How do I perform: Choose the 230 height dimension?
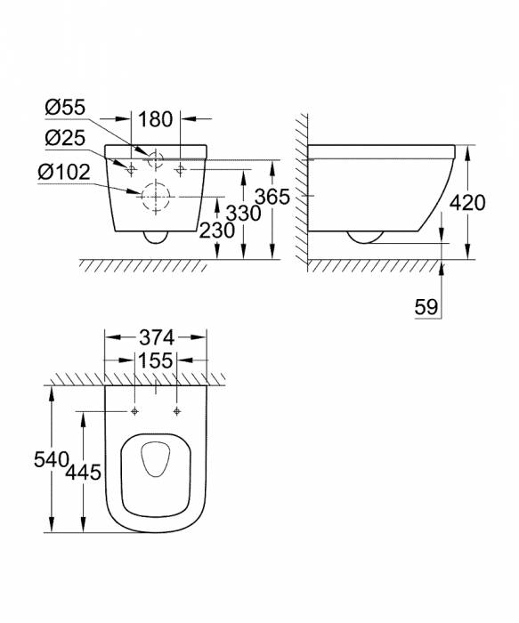tap(217, 230)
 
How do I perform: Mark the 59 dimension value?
tap(425, 307)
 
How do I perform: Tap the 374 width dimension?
tap(156, 338)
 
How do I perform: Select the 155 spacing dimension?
tap(156, 361)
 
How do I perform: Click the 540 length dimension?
tap(53, 459)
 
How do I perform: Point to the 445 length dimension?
tap(82, 472)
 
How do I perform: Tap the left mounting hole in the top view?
tap(134, 411)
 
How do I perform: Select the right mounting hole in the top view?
tap(177, 411)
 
